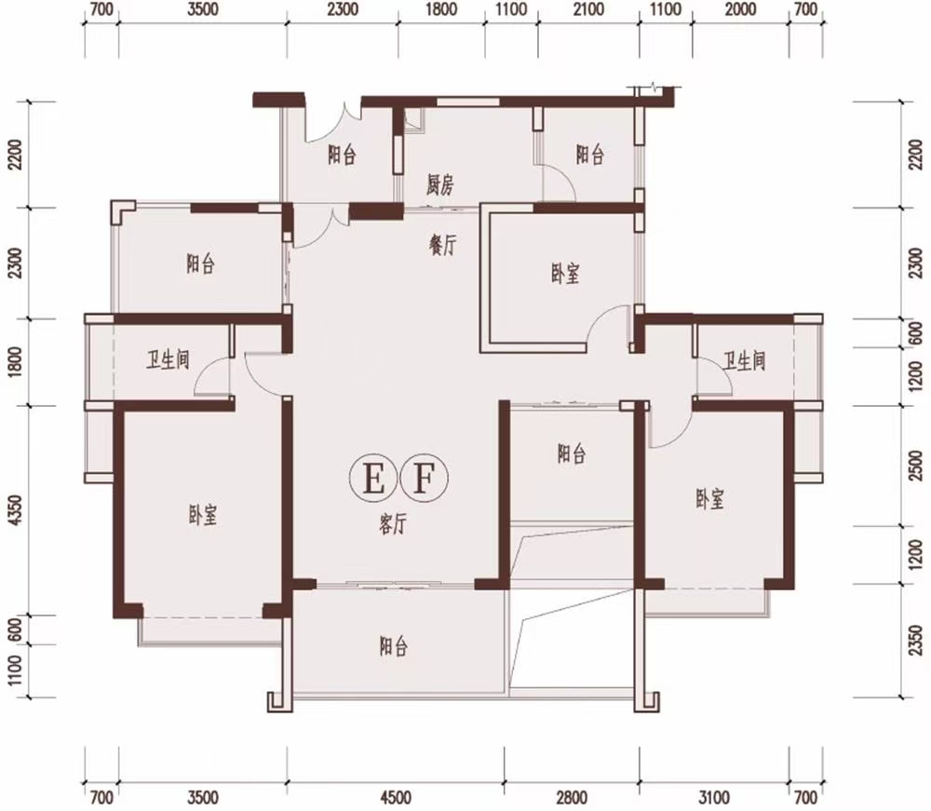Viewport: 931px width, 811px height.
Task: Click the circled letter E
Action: (373, 478)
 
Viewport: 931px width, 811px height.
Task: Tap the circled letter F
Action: (424, 478)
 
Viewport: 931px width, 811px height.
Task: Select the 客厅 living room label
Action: (393, 523)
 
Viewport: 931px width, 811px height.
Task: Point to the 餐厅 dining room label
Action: (443, 244)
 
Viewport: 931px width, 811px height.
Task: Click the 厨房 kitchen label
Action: (440, 185)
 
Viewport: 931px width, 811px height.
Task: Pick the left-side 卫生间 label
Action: (168, 359)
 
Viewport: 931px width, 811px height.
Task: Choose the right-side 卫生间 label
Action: (745, 360)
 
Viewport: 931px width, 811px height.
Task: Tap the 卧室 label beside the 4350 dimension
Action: (203, 515)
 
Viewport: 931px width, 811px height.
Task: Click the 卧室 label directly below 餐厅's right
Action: (565, 274)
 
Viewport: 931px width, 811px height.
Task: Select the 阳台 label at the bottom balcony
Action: (394, 646)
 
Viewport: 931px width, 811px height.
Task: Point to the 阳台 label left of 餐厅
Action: (201, 263)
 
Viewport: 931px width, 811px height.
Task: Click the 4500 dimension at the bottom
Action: (395, 797)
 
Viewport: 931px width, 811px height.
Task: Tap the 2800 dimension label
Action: (572, 797)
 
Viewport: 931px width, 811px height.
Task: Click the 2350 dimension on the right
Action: (916, 641)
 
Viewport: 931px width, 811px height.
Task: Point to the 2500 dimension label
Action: (916, 466)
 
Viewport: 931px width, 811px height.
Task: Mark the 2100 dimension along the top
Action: (588, 9)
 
